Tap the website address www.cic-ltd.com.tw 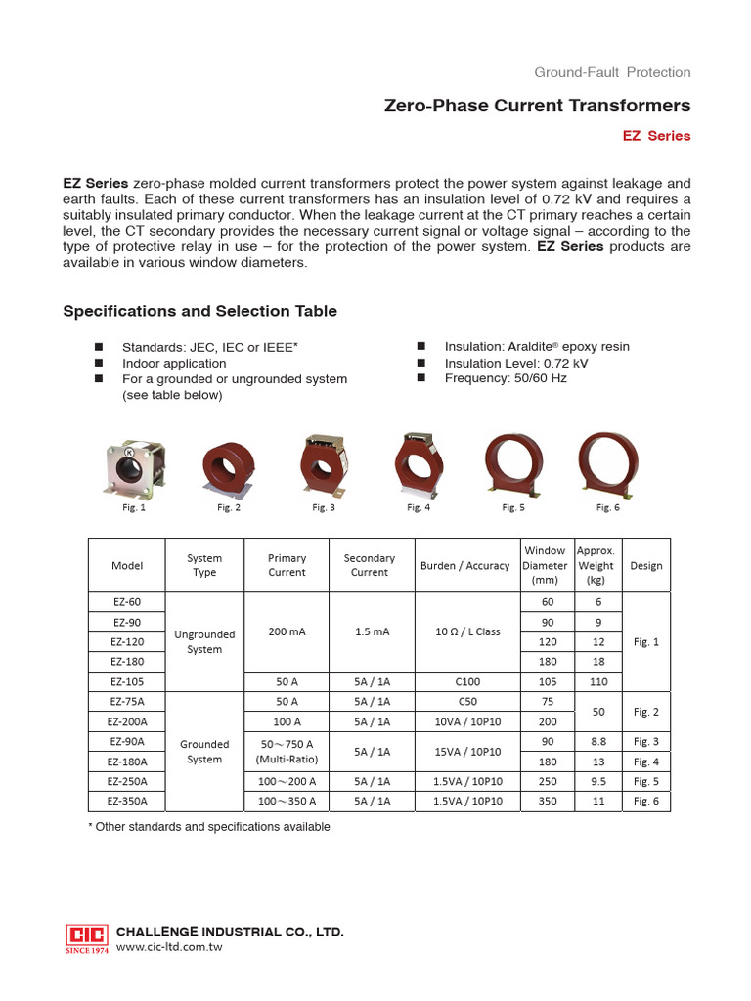click(x=170, y=947)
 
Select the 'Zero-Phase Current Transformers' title click(x=538, y=106)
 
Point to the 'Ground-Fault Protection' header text click(x=612, y=72)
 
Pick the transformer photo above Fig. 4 click(x=419, y=464)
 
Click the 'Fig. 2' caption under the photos click(x=229, y=507)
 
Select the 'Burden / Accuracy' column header click(x=464, y=565)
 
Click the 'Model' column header click(x=127, y=565)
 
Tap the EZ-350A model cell click(x=127, y=800)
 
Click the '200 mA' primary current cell click(x=287, y=631)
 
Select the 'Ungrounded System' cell click(x=204, y=641)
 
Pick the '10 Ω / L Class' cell click(x=464, y=631)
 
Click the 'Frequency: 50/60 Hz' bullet click(x=505, y=378)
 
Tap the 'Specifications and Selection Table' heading click(x=199, y=311)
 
